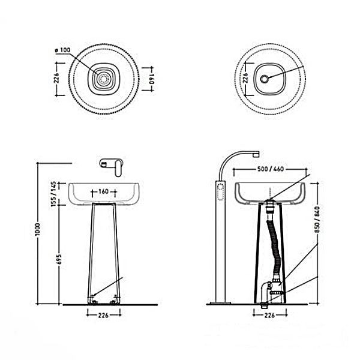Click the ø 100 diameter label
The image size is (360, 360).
point(62,50)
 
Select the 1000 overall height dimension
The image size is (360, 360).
point(37,229)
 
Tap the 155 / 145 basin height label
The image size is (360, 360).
point(54,194)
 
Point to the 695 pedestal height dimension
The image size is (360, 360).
point(59,259)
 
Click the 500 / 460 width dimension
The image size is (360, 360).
point(271,169)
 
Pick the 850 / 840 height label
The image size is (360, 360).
point(317,220)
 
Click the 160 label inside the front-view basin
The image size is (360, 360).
point(103,191)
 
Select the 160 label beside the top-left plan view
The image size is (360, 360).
point(151,79)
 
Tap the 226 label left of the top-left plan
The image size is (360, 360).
point(57,78)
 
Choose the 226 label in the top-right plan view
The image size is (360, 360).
point(245,78)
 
